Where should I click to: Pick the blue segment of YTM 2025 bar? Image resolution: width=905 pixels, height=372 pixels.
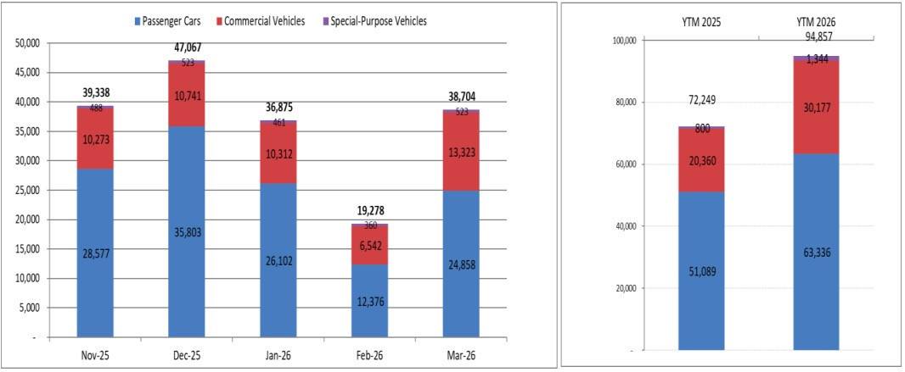(701, 270)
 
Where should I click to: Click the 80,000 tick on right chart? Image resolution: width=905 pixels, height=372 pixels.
(625, 103)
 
